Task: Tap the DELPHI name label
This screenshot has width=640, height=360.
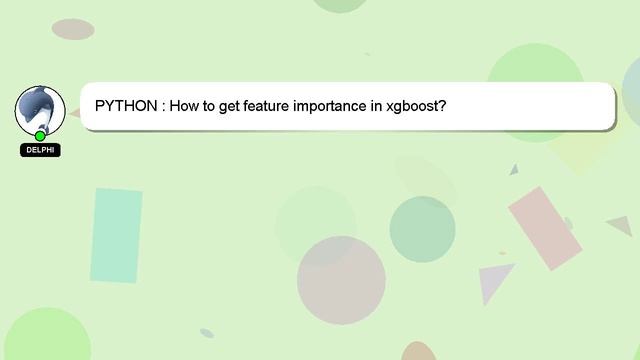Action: point(40,150)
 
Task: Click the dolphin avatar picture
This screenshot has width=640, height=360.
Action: point(40,109)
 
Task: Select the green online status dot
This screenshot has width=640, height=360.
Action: point(40,136)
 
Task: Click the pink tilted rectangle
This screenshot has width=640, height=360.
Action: point(545,228)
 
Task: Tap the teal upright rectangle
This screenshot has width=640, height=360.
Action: point(117,235)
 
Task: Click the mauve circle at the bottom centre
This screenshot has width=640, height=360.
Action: point(341,280)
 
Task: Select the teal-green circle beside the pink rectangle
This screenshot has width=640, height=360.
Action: point(422,229)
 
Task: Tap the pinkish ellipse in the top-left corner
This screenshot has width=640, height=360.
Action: point(73,29)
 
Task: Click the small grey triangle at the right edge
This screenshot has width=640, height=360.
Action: point(622,226)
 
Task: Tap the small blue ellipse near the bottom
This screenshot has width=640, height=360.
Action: point(207,333)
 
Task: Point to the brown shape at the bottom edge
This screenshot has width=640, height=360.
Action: point(419,352)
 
